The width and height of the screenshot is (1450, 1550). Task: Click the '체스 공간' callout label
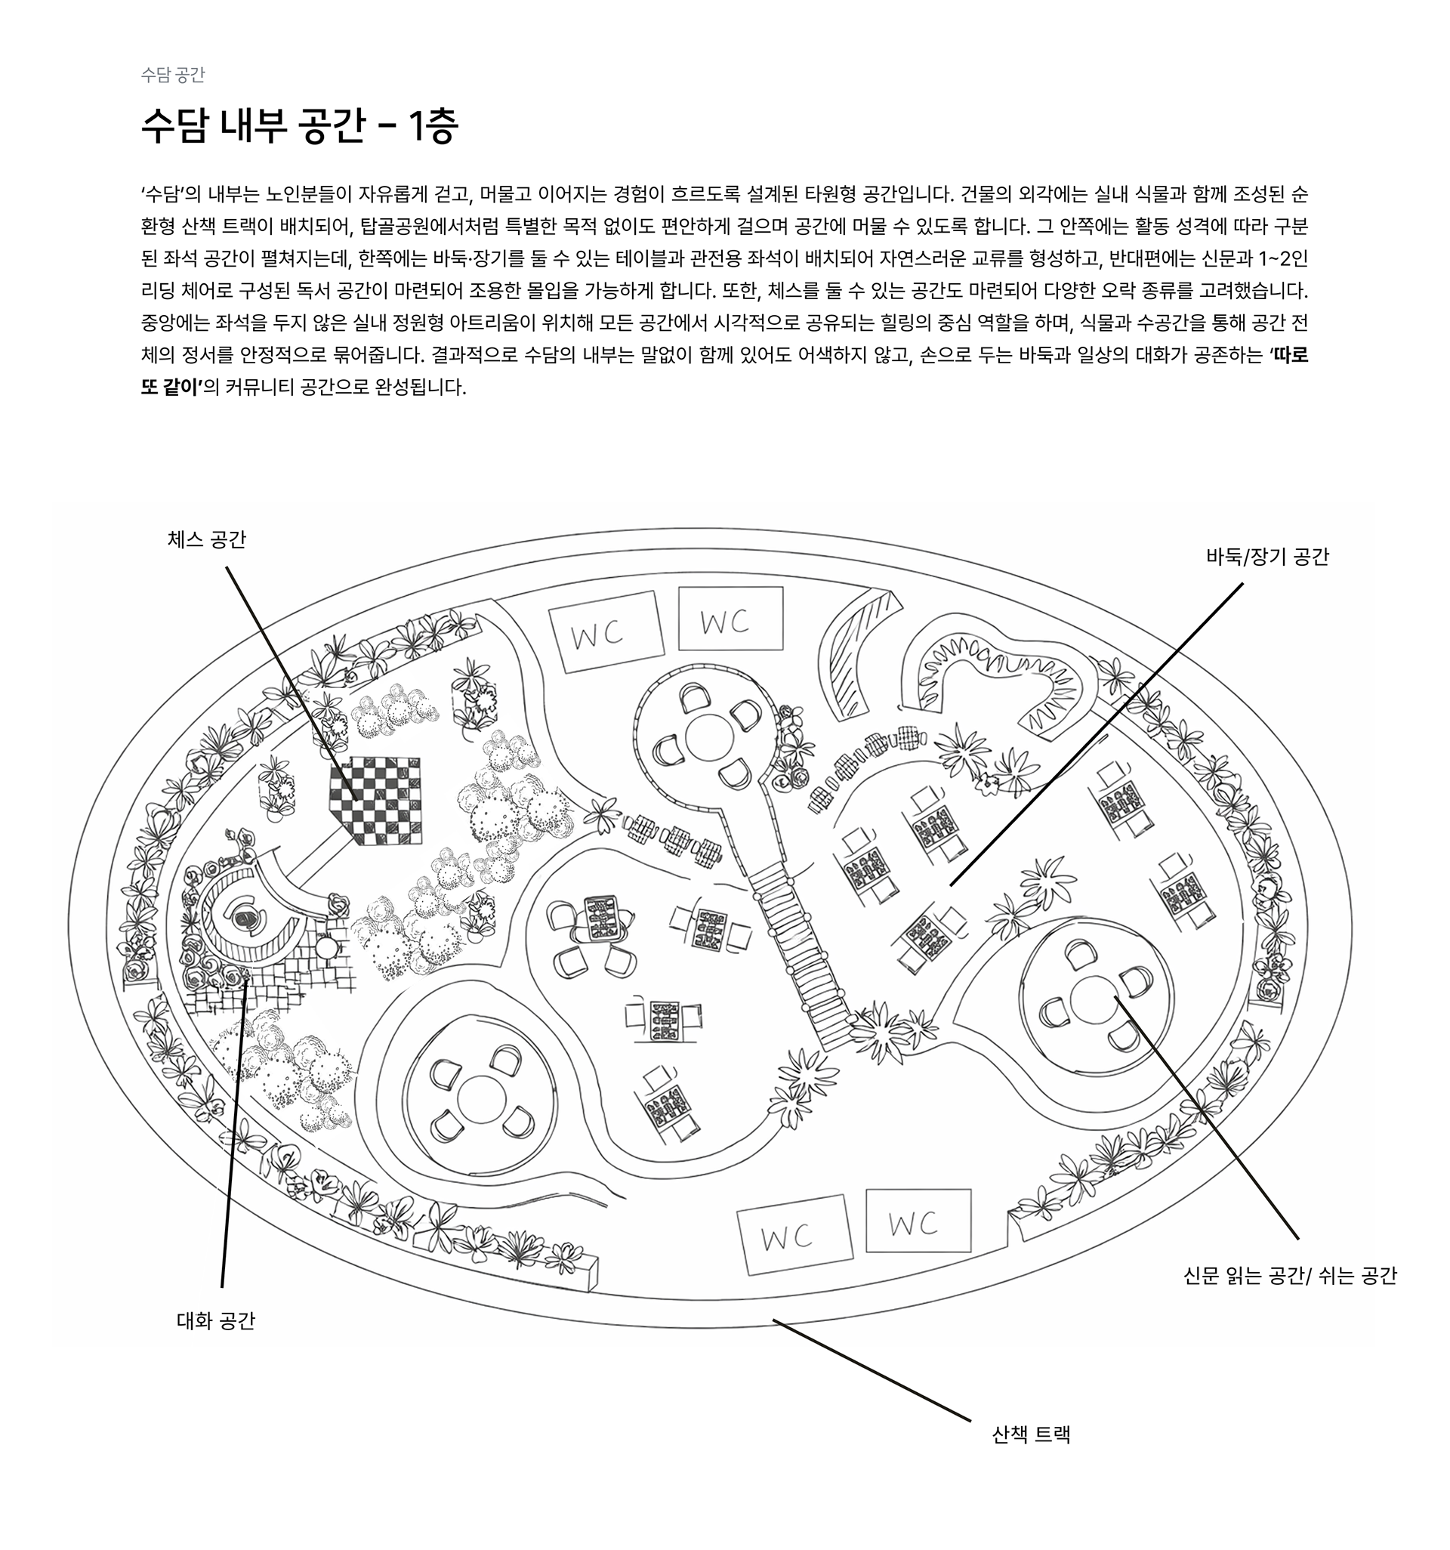click(x=207, y=539)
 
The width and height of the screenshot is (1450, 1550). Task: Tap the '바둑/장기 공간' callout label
click(x=1266, y=557)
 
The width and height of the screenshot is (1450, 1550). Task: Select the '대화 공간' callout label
click(x=216, y=1320)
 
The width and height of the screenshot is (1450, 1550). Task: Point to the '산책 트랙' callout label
click(x=1031, y=1434)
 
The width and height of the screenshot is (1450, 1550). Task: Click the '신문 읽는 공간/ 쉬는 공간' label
click(x=1289, y=1276)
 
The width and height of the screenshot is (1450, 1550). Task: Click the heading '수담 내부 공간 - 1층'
click(x=299, y=126)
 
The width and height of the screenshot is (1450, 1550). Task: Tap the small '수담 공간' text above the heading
click(x=172, y=75)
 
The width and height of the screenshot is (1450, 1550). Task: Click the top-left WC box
click(x=606, y=631)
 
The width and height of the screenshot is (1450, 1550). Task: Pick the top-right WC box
click(x=730, y=619)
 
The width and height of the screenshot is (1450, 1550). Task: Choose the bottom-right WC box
click(x=918, y=1220)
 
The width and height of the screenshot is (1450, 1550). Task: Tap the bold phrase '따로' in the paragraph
click(x=1290, y=356)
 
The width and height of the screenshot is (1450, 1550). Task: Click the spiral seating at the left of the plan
click(x=247, y=920)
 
